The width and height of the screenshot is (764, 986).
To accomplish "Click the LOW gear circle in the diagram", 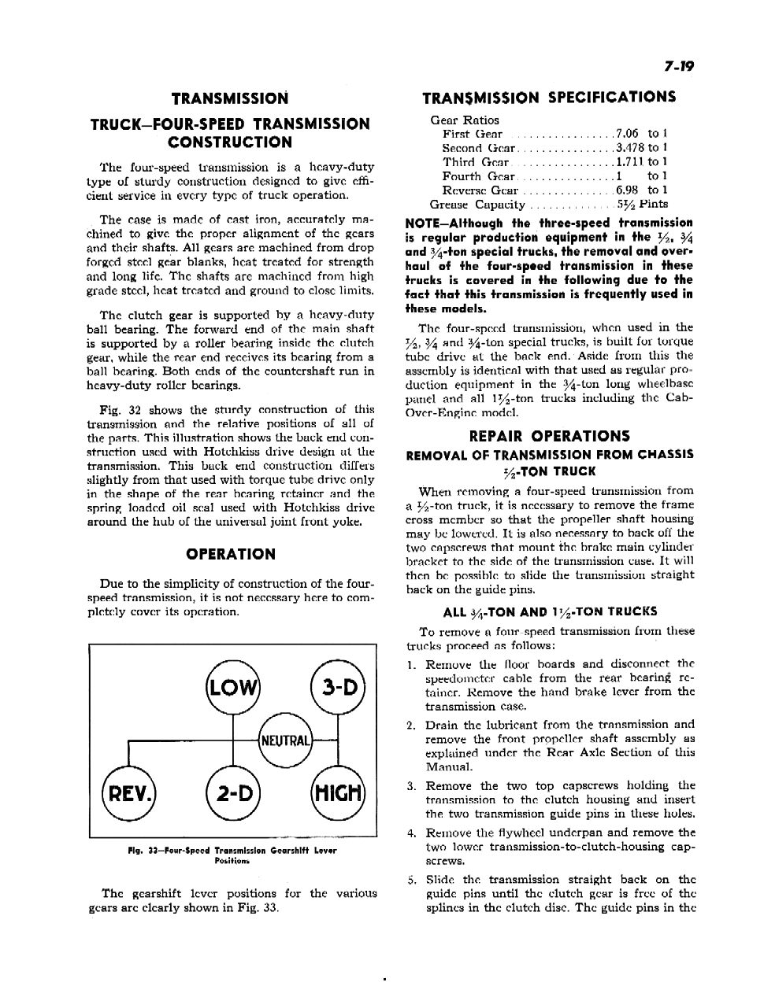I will point(231,688).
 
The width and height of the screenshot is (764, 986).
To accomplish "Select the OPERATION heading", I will point(231,554).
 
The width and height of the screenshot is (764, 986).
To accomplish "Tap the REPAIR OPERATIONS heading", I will point(549,436).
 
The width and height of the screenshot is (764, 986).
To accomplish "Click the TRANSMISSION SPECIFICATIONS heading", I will point(549,98).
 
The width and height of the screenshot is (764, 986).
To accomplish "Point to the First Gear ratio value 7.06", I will point(628,134).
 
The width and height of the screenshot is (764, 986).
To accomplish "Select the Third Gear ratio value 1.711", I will point(629,162).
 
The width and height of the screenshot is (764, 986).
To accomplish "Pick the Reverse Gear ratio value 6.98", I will point(628,190).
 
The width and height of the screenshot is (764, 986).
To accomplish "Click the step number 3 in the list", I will point(411,786).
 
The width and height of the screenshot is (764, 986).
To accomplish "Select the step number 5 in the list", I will point(411,880).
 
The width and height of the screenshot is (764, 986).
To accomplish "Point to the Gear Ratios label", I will point(464,120).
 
